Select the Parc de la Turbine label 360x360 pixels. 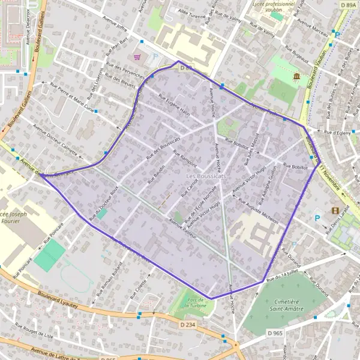click(x=194, y=303)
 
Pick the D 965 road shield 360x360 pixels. click(x=275, y=332)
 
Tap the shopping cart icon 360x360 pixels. click(x=137, y=57)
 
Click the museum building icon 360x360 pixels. click(x=296, y=76)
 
